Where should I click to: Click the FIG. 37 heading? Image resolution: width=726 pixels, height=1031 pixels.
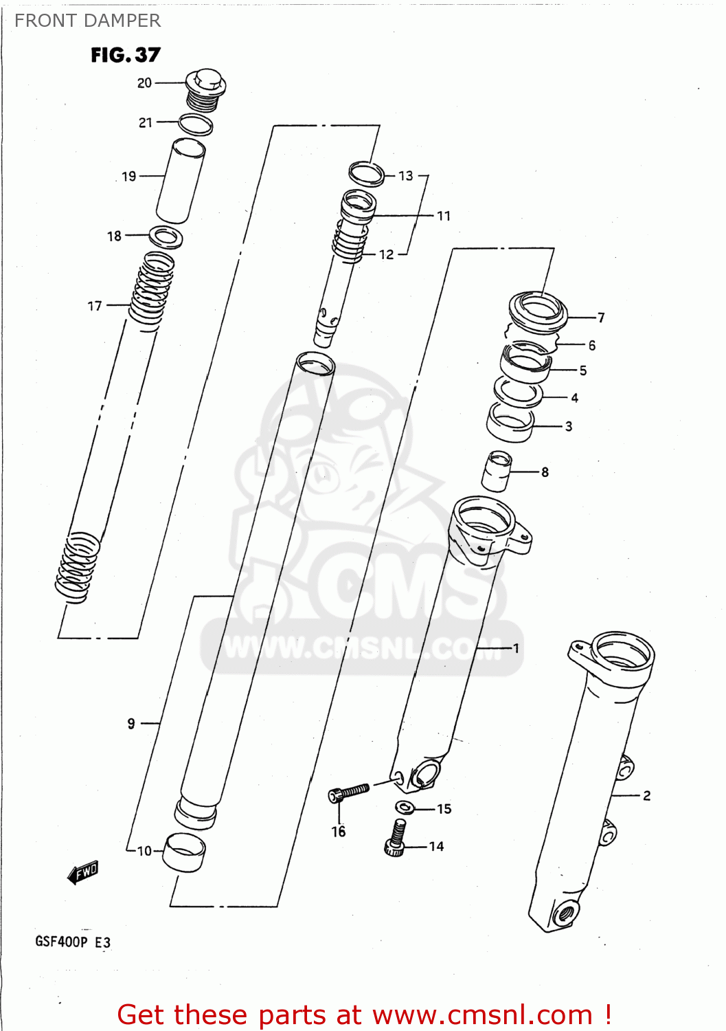click(125, 55)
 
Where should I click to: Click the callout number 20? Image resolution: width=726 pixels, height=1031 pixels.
click(144, 83)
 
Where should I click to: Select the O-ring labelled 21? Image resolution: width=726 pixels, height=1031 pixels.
click(195, 124)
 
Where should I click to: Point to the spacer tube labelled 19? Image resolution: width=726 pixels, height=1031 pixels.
click(181, 180)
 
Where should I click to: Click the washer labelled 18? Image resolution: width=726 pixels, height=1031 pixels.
click(166, 237)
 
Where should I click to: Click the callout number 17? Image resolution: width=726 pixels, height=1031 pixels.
click(95, 306)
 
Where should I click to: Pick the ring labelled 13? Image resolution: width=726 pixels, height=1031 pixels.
click(366, 173)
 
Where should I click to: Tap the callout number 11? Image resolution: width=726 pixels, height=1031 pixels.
click(444, 216)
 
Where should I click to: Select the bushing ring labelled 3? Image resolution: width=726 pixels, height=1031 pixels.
click(510, 422)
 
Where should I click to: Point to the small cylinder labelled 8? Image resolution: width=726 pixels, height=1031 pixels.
click(497, 472)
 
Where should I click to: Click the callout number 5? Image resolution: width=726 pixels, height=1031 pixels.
click(583, 370)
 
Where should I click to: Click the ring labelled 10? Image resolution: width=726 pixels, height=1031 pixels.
click(184, 852)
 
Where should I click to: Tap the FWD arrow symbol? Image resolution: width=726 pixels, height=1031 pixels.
click(83, 873)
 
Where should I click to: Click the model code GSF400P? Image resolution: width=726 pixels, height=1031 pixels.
click(61, 942)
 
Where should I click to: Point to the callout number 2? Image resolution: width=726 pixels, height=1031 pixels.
click(646, 795)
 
